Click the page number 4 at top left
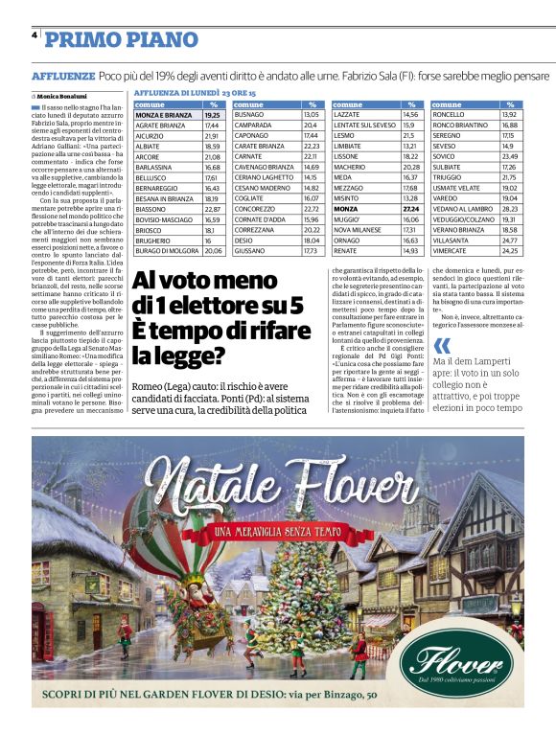35,35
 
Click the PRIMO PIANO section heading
121,40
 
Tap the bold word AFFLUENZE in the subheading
62,75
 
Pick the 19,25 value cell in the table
213,114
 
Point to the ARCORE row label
148,156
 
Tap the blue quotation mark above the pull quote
440,346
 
